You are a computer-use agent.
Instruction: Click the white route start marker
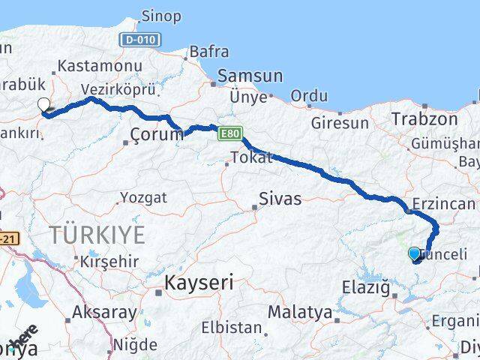coord(44,106)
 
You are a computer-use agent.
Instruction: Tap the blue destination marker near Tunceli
coord(415,254)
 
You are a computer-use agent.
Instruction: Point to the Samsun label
coord(250,76)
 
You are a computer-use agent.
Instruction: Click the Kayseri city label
coord(199,283)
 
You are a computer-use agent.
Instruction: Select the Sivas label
coord(280,199)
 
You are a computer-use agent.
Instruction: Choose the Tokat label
coord(252,157)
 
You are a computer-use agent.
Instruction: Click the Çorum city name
coord(156,134)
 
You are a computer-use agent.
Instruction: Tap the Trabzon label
coord(424,118)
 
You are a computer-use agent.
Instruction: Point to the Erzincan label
coord(443,204)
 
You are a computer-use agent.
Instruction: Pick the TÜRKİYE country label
coord(97,235)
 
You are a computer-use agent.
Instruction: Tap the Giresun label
coord(340,121)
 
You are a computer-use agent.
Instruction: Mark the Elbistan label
coord(234,328)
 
